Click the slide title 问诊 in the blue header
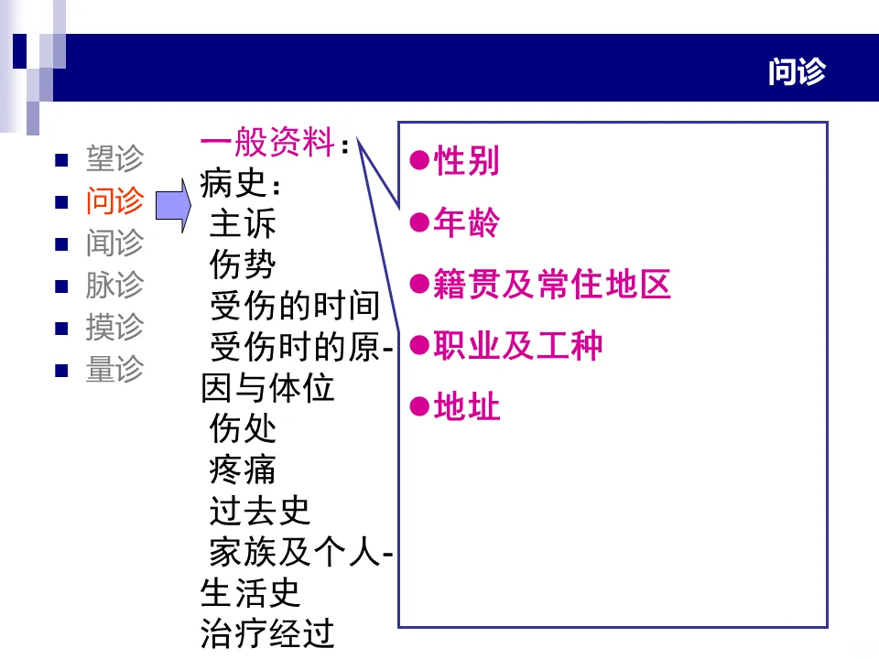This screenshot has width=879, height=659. point(797,71)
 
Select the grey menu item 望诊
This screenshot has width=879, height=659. point(114,158)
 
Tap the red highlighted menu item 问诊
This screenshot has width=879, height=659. point(114,200)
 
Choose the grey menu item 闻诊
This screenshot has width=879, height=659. point(114,243)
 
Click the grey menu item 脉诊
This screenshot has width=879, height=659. point(114,285)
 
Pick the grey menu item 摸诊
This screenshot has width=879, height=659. point(114,327)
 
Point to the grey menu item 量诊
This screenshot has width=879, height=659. point(114,369)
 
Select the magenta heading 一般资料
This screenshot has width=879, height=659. point(266,143)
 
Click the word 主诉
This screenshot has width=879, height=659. point(243,224)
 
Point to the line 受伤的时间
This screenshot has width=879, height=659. point(294,307)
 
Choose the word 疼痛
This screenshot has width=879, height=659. point(243,470)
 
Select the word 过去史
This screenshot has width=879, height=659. point(260,511)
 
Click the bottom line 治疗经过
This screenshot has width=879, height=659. point(267,633)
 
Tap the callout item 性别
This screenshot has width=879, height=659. point(466,161)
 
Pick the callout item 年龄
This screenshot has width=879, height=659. point(466,222)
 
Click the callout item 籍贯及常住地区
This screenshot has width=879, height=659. point(552,285)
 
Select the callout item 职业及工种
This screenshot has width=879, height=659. point(518,346)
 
